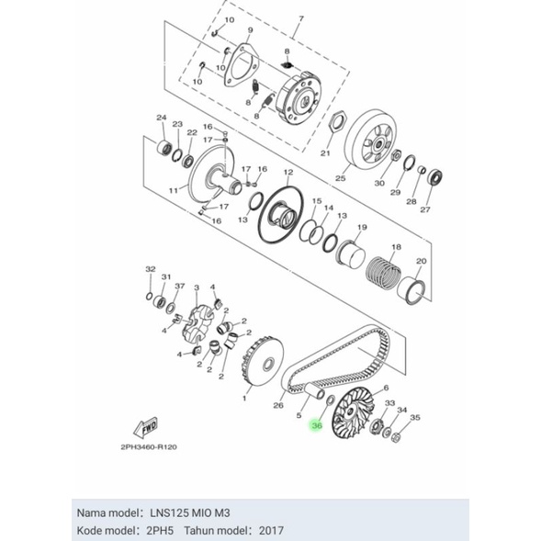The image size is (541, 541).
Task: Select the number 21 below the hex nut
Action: [325, 152]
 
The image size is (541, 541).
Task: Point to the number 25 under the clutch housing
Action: [340, 178]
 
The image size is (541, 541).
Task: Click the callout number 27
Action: [424, 209]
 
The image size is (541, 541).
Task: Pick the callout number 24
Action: [162, 118]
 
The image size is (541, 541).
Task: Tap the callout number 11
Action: [171, 190]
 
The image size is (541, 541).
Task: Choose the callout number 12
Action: [287, 172]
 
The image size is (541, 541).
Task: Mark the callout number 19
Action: [362, 227]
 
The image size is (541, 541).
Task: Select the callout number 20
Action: [421, 261]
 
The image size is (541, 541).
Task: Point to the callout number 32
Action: [150, 269]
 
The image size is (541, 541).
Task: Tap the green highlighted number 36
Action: [317, 425]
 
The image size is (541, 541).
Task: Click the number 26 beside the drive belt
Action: [279, 404]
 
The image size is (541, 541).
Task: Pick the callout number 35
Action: [415, 417]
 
